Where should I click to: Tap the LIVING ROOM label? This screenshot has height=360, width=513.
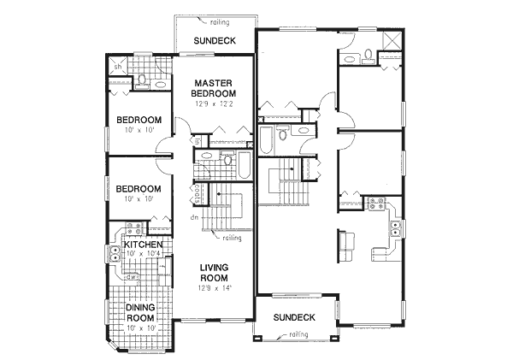click(x=214, y=273)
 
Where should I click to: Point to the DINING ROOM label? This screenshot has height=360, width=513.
click(x=140, y=314)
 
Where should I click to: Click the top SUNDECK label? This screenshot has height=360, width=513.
click(x=213, y=40)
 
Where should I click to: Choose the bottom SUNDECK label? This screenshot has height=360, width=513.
click(x=296, y=317)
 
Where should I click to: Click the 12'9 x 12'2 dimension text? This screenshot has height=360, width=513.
click(x=214, y=103)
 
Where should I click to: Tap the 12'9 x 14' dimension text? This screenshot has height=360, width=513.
click(x=214, y=288)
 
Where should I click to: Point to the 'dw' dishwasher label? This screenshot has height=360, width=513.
click(x=129, y=277)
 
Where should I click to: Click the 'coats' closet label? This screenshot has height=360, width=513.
click(x=198, y=192)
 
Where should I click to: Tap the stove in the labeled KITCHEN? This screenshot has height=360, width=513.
click(x=134, y=229)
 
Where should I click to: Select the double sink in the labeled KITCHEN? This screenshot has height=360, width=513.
click(x=114, y=254)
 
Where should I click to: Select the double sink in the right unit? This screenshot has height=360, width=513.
click(x=397, y=227)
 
